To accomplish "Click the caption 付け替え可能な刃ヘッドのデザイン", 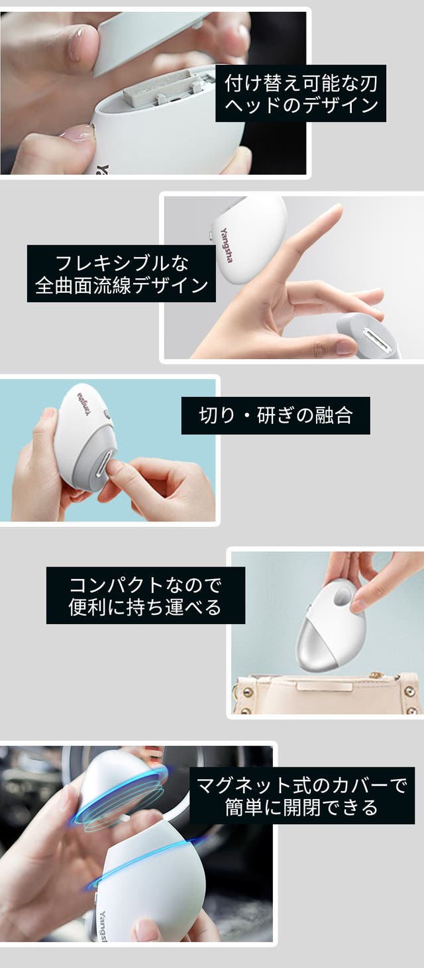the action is point(301,93).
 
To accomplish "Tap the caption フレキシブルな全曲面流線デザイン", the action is point(121,274).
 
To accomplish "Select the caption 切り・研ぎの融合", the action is point(276,415).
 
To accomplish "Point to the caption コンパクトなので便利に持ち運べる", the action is point(145,596).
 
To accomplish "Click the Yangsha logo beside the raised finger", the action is point(227,244).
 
